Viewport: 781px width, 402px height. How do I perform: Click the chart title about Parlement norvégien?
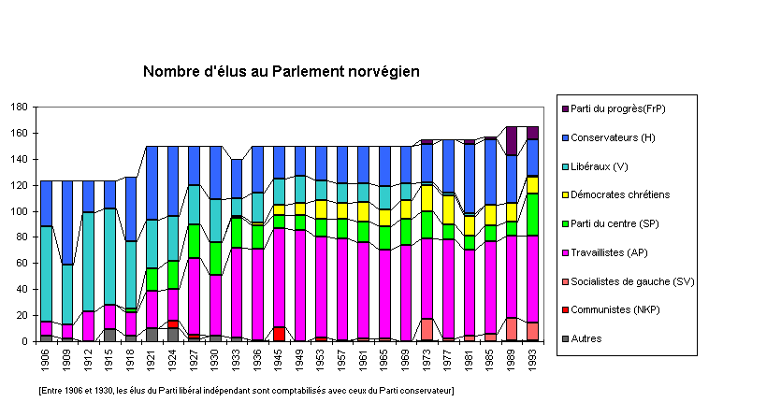281,71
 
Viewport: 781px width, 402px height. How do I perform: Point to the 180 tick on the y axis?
19,107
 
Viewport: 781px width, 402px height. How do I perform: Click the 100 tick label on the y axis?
19,211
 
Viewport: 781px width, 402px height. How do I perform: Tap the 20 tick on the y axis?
22,315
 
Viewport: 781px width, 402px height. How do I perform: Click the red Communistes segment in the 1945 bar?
279,334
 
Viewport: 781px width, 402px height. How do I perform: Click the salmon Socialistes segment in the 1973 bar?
427,329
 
